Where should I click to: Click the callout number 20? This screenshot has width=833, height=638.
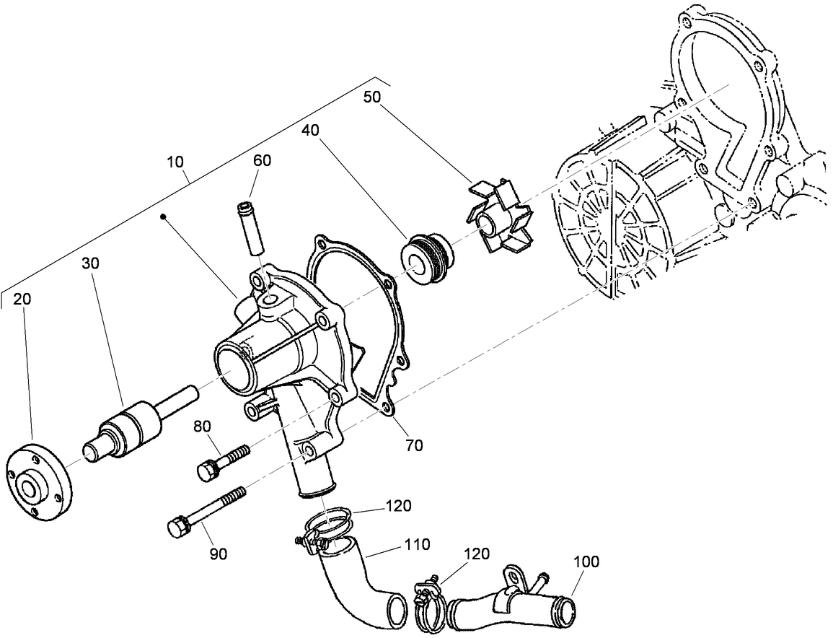(22, 298)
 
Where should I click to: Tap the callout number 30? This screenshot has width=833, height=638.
(90, 263)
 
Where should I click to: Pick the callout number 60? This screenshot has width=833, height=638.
(262, 160)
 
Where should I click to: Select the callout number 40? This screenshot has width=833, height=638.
(309, 129)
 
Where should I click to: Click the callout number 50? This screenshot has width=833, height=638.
(372, 96)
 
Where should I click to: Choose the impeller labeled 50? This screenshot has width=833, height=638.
(499, 219)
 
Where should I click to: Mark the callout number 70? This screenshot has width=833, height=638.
(414, 445)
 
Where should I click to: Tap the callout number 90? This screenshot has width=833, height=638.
(218, 554)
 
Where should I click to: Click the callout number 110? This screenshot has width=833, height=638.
(417, 544)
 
